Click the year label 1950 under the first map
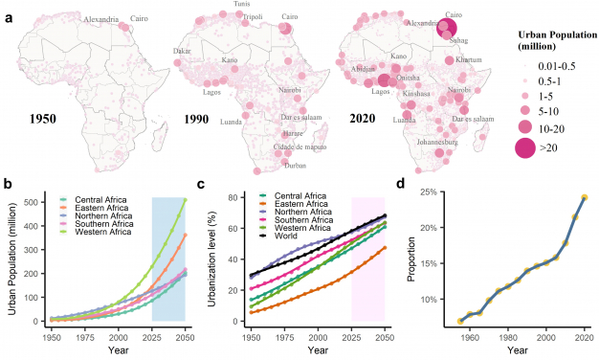coord(49,121)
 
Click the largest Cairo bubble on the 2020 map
coord(447,28)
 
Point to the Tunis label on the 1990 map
coord(244,5)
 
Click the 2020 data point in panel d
coord(585,197)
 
